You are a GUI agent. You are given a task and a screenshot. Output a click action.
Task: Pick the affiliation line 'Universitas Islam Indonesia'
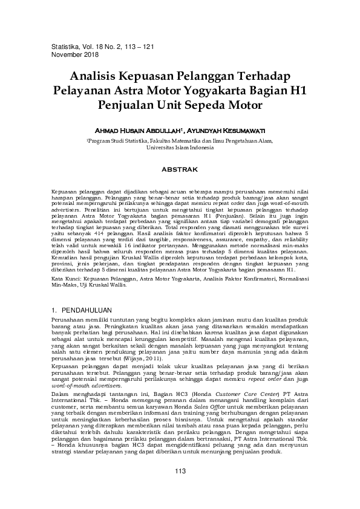tap(180, 147)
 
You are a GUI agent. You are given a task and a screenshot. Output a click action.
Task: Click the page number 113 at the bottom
tap(180, 472)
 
